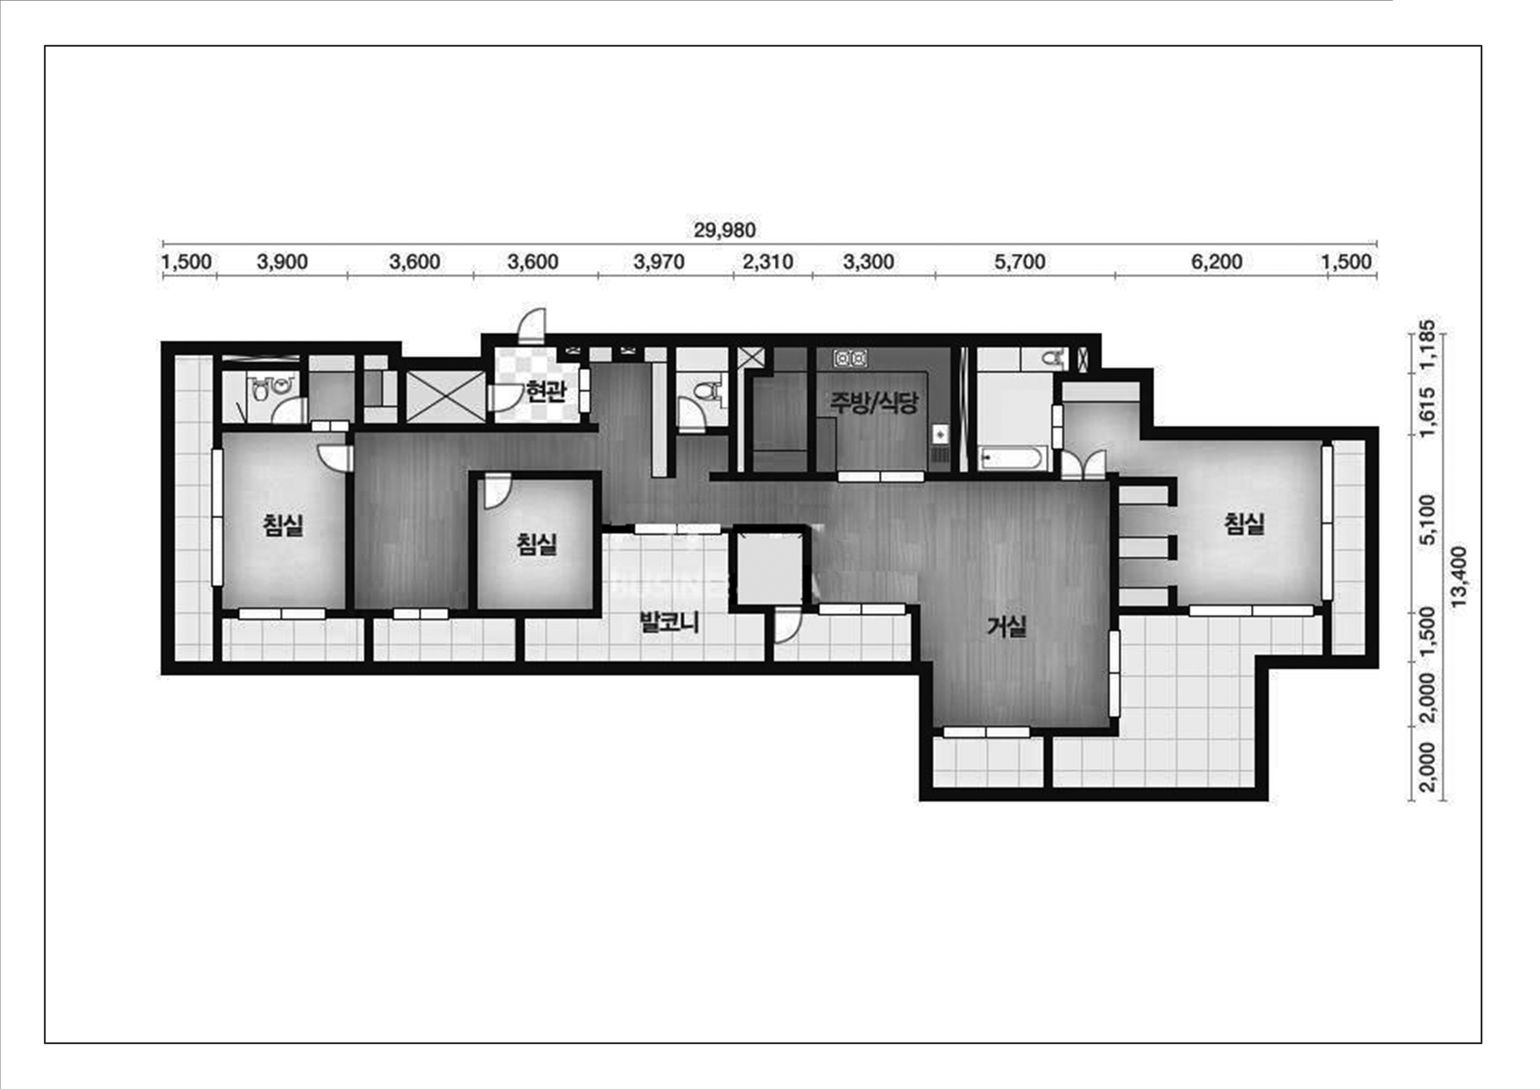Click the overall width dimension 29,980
coord(725,230)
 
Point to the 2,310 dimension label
coord(768,262)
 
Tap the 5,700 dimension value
coord(1020,262)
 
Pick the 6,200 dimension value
coord(1217,262)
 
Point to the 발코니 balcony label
coord(669,622)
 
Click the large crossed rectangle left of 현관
coord(445,397)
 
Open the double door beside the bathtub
coord(1083,464)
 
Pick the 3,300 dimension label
coord(869,262)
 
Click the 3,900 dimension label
coord(282,262)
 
